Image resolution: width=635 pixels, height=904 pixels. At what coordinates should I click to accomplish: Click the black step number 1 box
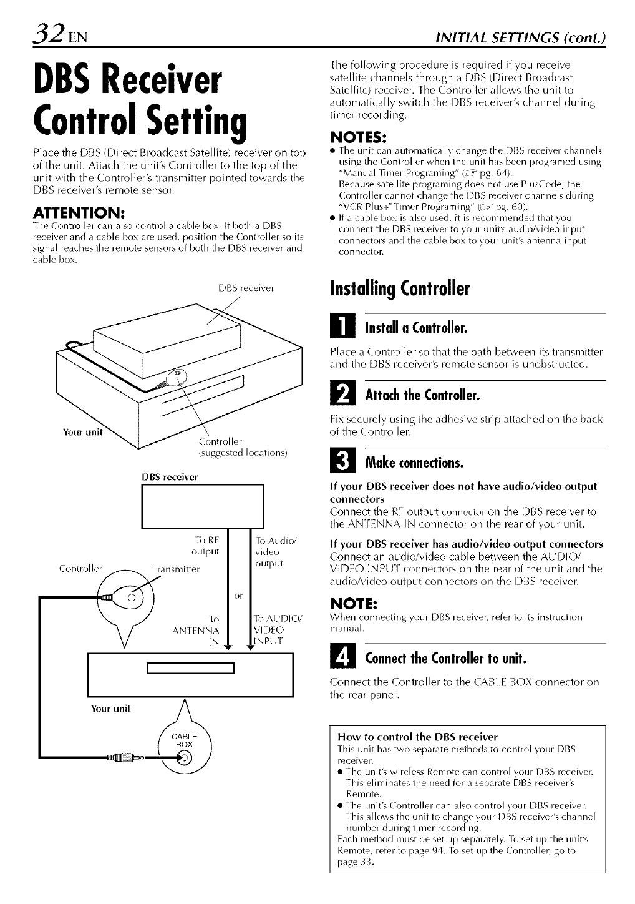[341, 328]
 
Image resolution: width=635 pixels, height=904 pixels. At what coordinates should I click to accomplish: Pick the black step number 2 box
[341, 396]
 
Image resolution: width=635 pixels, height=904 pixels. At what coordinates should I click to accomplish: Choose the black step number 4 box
[341, 658]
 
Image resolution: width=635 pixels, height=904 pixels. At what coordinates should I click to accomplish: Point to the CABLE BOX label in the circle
[184, 740]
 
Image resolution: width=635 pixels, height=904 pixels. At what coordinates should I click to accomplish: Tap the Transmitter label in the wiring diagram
[176, 569]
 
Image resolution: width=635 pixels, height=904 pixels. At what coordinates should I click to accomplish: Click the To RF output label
[206, 546]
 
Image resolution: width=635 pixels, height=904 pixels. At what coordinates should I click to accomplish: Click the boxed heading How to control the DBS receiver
[417, 737]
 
